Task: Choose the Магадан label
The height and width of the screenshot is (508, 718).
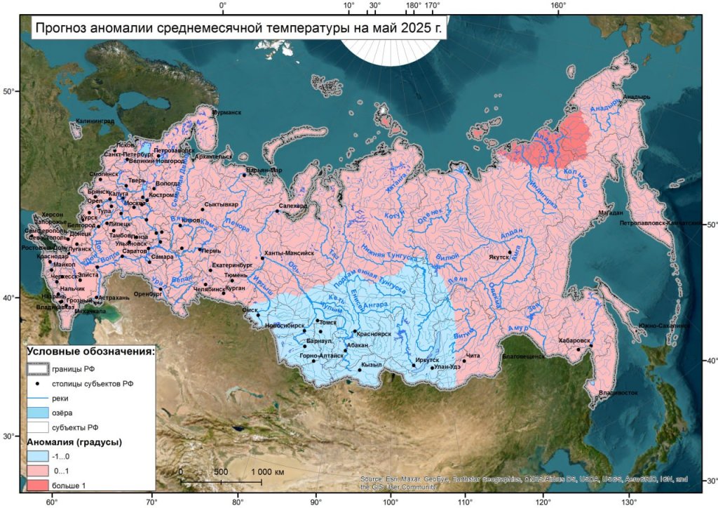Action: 610,212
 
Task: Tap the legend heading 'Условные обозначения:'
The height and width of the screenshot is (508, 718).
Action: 90,352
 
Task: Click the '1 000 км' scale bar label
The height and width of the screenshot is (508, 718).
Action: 266,472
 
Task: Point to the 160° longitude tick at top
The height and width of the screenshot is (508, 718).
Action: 558,6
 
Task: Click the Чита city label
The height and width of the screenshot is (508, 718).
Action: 474,356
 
